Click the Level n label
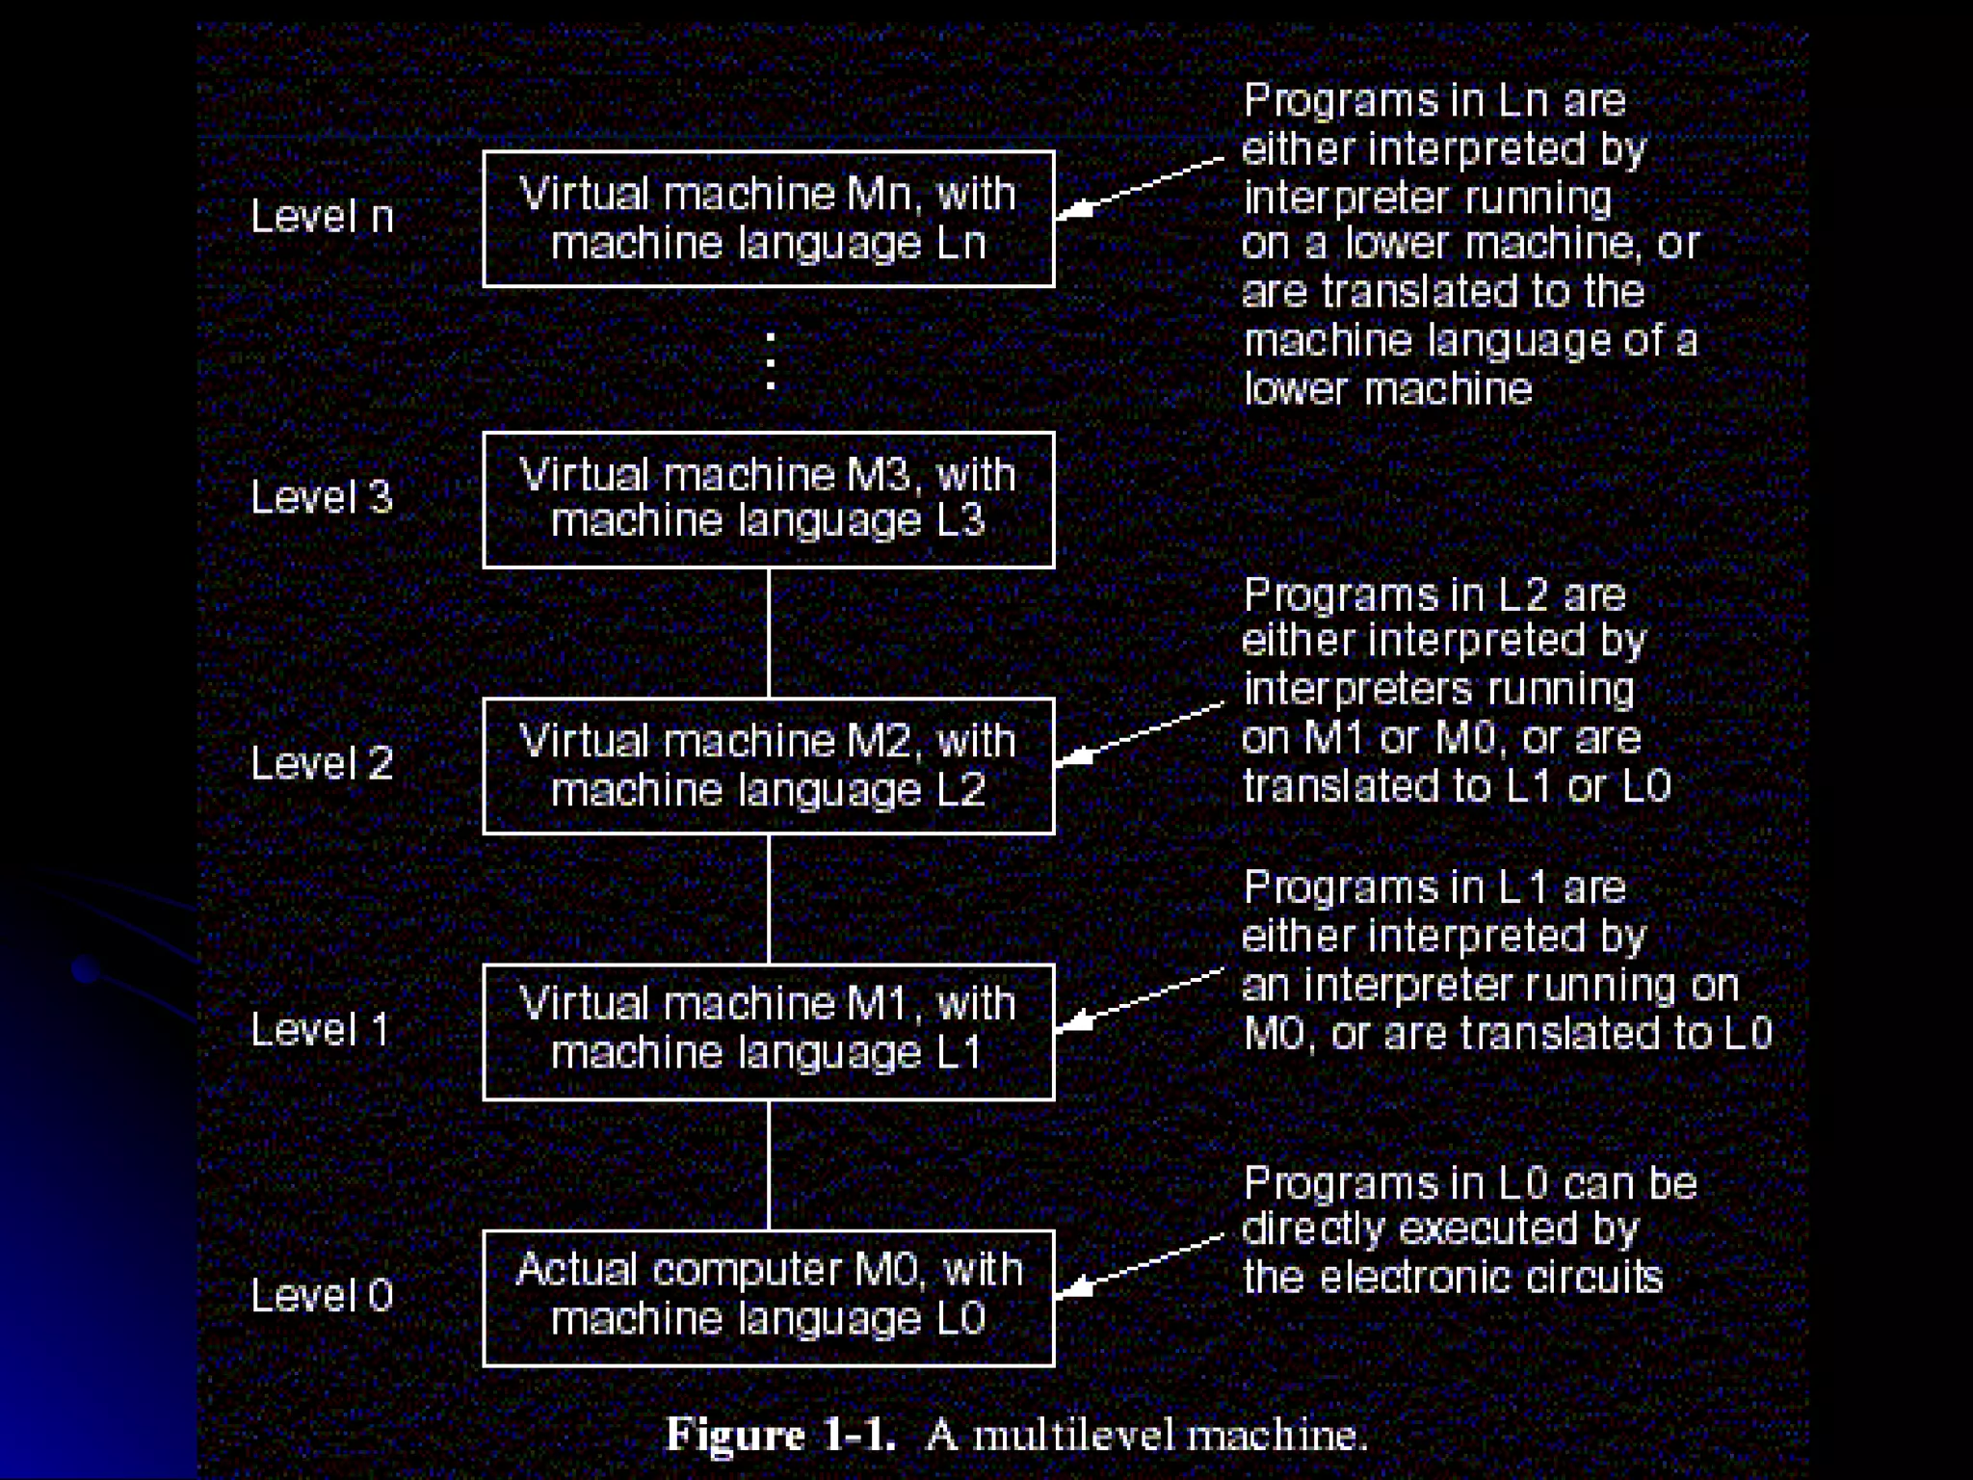tap(322, 216)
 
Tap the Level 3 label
tap(322, 497)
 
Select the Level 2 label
tap(322, 763)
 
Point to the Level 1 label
tap(320, 1029)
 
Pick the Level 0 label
tap(322, 1295)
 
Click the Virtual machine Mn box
tap(768, 219)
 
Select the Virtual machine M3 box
tap(768, 499)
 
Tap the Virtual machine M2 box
tap(768, 766)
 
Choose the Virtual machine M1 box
tap(768, 1031)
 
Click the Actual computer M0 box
tap(768, 1297)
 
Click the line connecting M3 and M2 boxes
tap(768, 632)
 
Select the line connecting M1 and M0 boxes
tap(768, 1164)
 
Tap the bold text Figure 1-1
tap(780, 1435)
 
